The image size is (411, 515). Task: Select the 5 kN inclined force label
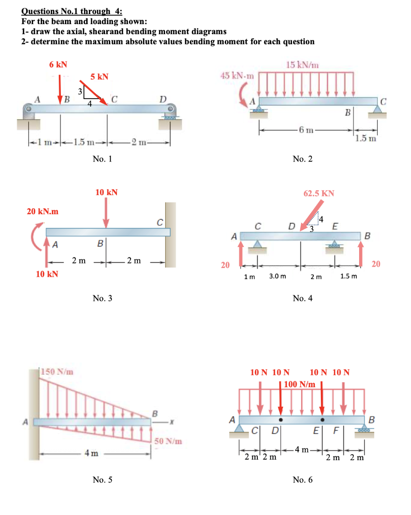(x=99, y=77)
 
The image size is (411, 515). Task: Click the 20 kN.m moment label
(x=42, y=212)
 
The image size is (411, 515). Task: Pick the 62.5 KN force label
(x=319, y=193)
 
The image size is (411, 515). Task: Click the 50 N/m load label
(x=169, y=442)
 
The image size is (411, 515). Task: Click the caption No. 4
(x=302, y=298)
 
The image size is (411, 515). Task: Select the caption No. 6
(x=302, y=480)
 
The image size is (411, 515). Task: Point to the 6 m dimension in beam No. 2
(x=305, y=131)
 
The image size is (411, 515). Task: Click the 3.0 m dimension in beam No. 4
(x=278, y=276)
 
